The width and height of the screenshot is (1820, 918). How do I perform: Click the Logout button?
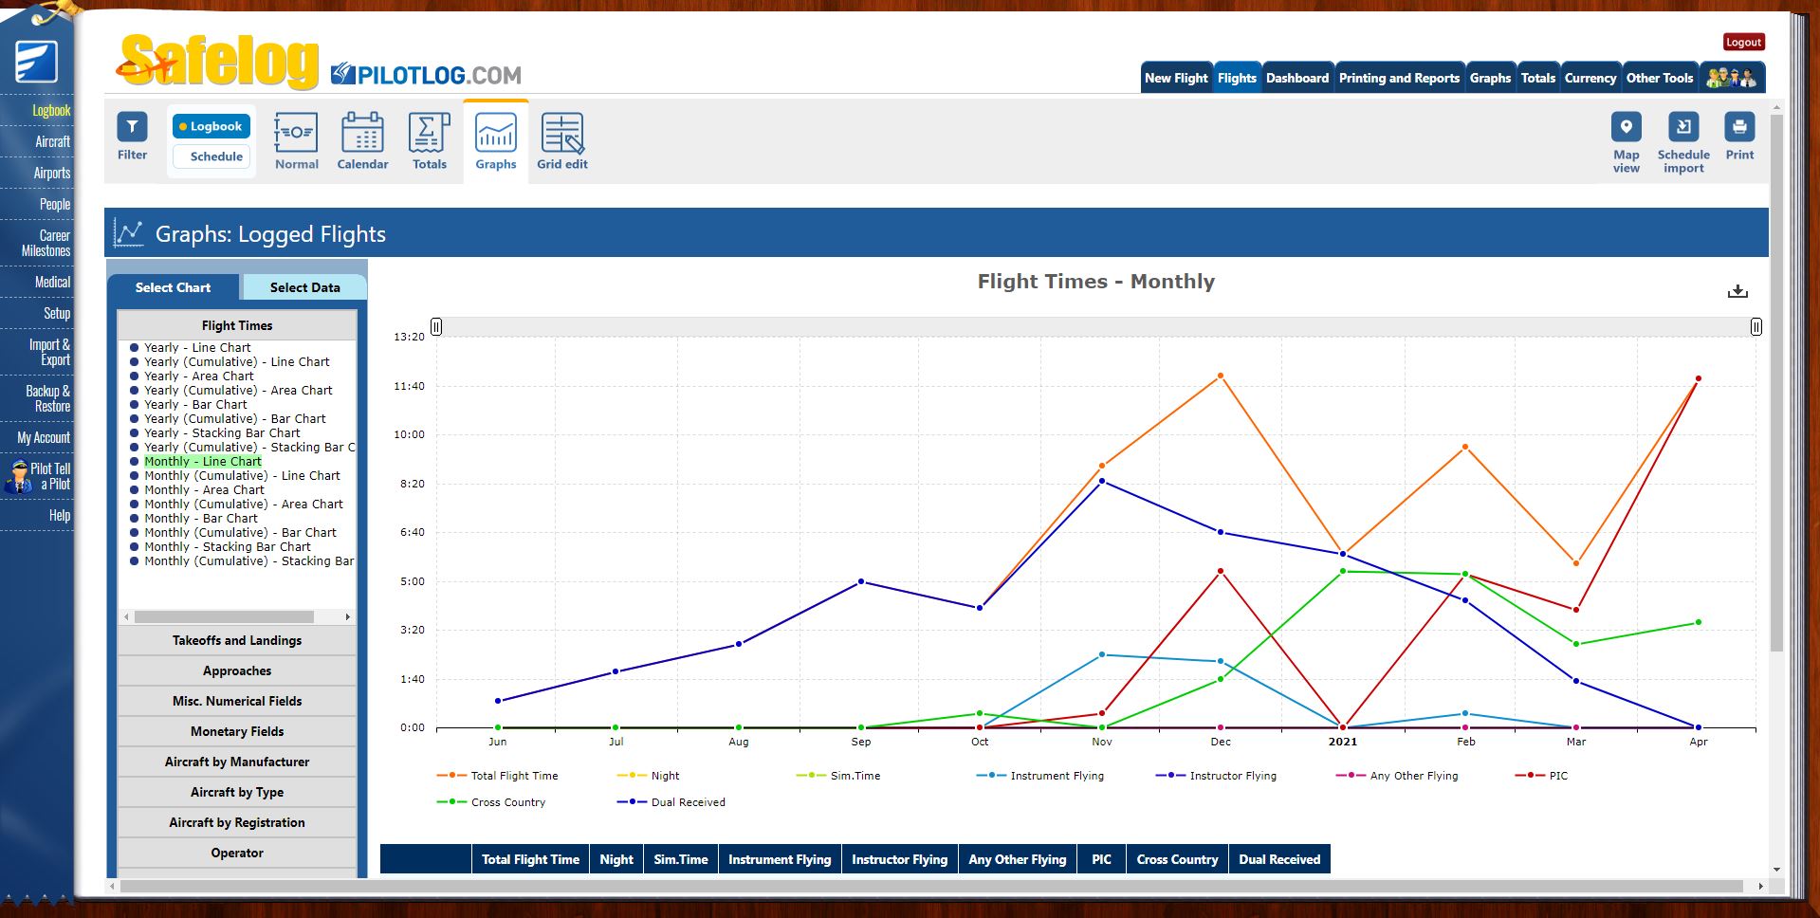[x=1743, y=42]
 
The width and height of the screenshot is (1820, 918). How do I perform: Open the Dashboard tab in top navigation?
[x=1296, y=78]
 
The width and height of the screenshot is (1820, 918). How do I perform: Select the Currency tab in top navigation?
[x=1590, y=78]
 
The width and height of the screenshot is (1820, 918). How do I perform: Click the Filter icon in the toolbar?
[x=132, y=136]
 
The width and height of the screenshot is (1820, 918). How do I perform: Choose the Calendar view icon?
[x=362, y=140]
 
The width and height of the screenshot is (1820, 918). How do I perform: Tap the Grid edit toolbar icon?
[x=561, y=140]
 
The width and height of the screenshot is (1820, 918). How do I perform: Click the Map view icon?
[x=1626, y=140]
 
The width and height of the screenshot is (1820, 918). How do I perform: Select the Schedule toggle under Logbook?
[x=215, y=156]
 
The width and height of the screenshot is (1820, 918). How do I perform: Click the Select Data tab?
[x=304, y=287]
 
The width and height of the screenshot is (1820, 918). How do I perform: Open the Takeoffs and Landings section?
[x=237, y=641]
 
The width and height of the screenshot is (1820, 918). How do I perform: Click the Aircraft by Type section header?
[x=237, y=793]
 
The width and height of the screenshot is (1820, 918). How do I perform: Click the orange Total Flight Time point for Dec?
[x=1221, y=376]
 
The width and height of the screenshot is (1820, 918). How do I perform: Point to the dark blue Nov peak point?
[x=1102, y=481]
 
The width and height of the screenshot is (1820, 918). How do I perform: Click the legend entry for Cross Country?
[x=507, y=802]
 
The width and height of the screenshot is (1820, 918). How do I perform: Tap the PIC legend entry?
[x=1557, y=776]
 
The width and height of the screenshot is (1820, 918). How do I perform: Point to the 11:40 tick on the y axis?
[x=409, y=386]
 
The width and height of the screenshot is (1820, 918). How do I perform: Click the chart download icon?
[x=1737, y=291]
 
